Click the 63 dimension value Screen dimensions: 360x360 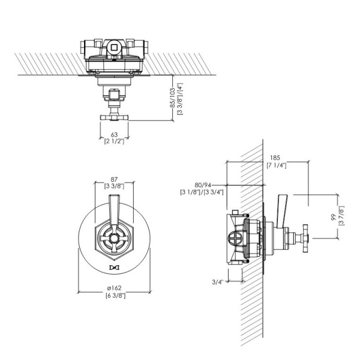click(x=114, y=134)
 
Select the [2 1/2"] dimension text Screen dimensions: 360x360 click(x=114, y=141)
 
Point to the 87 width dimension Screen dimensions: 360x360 click(x=114, y=179)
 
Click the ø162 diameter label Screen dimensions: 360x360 click(x=114, y=288)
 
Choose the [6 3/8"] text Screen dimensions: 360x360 click(x=115, y=295)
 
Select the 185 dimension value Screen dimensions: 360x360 click(x=275, y=158)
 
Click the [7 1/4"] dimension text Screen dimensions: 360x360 click(x=277, y=166)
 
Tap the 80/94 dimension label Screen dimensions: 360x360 click(x=203, y=185)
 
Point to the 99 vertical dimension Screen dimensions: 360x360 click(x=334, y=217)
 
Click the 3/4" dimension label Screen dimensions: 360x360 click(x=217, y=282)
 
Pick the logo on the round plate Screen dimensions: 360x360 click(x=114, y=268)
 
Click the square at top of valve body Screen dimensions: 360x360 click(x=114, y=47)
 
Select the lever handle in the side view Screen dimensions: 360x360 click(x=282, y=211)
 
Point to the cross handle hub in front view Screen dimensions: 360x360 click(x=114, y=238)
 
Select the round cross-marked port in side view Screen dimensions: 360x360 click(x=236, y=238)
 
